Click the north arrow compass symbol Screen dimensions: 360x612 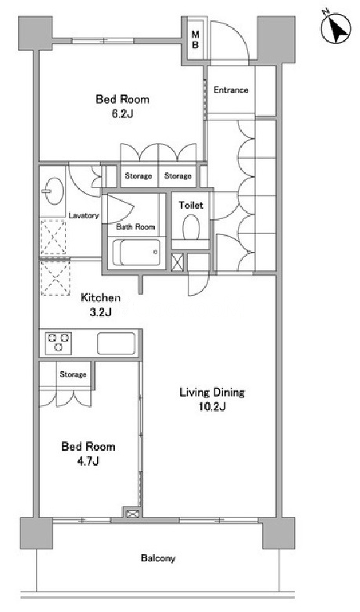(336, 27)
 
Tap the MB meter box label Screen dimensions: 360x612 (195, 39)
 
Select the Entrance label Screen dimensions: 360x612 (231, 90)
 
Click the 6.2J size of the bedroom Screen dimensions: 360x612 (123, 114)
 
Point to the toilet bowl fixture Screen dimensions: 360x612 (191, 227)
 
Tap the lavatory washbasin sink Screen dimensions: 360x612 (53, 191)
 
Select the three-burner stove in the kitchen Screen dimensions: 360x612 (59, 342)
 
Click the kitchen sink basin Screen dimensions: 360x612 (117, 343)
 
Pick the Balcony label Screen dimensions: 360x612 (158, 559)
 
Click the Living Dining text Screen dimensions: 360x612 (212, 392)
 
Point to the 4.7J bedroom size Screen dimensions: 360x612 (88, 461)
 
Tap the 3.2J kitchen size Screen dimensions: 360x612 (102, 312)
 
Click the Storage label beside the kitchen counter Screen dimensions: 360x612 (73, 375)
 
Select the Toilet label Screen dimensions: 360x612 (191, 205)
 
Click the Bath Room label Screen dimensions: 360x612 (135, 227)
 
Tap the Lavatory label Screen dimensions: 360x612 (84, 215)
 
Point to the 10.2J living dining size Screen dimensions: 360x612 (213, 407)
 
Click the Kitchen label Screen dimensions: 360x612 (100, 298)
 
